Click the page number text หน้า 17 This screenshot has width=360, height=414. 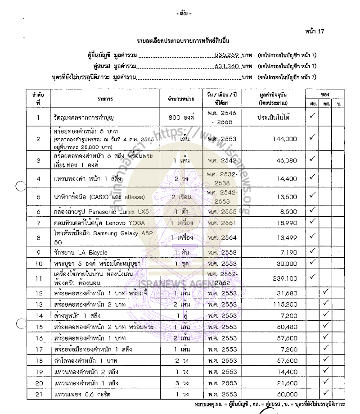[314, 32]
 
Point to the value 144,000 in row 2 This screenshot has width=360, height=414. [285, 139]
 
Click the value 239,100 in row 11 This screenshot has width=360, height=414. [285, 279]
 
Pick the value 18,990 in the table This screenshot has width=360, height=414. [288, 223]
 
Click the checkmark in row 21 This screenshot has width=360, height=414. [327, 394]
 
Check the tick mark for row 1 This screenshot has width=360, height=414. [312, 117]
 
